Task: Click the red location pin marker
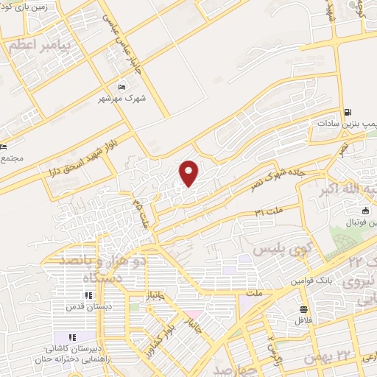coord(189,173)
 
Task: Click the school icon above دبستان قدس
coord(88,296)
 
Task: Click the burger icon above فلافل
coord(303,309)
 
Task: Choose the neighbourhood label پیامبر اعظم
coord(38,46)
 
